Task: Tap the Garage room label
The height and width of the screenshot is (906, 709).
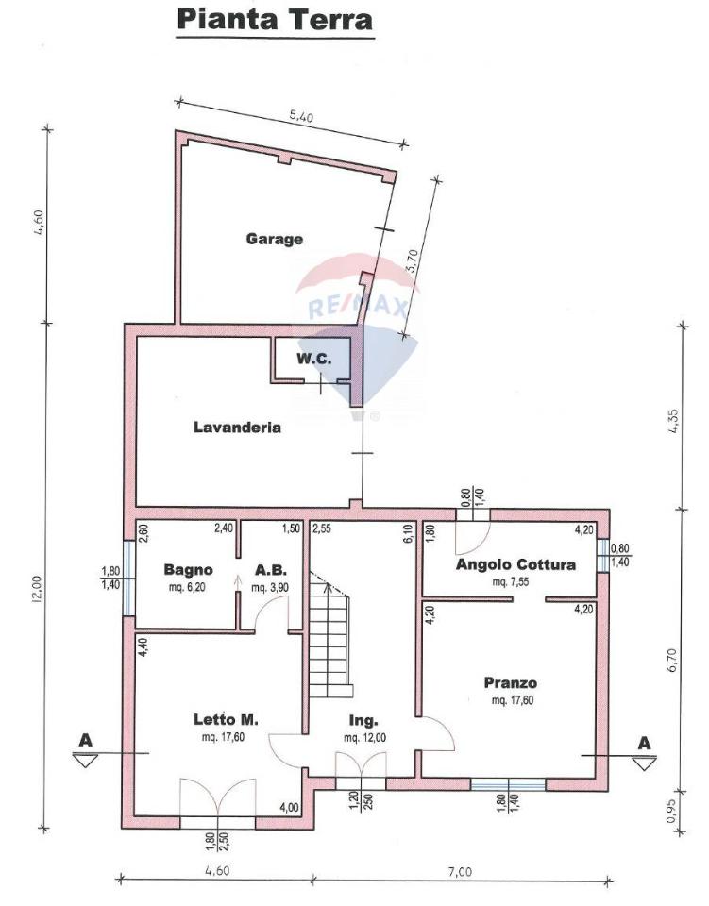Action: click(x=275, y=239)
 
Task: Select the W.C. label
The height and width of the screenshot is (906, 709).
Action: click(x=311, y=359)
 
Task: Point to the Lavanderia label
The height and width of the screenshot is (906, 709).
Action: click(x=237, y=427)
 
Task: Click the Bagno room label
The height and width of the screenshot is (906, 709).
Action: click(x=187, y=570)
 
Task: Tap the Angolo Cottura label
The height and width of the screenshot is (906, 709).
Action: click(x=515, y=565)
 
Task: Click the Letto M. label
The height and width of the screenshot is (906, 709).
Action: click(x=221, y=720)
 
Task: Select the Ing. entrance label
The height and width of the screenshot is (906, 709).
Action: click(x=363, y=720)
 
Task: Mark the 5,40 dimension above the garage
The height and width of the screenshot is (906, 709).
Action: click(x=300, y=117)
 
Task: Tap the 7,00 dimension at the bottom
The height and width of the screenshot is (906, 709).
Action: click(x=459, y=872)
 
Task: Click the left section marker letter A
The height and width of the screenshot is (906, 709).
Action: click(x=85, y=741)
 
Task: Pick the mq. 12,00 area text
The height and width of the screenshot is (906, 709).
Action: click(x=363, y=737)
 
